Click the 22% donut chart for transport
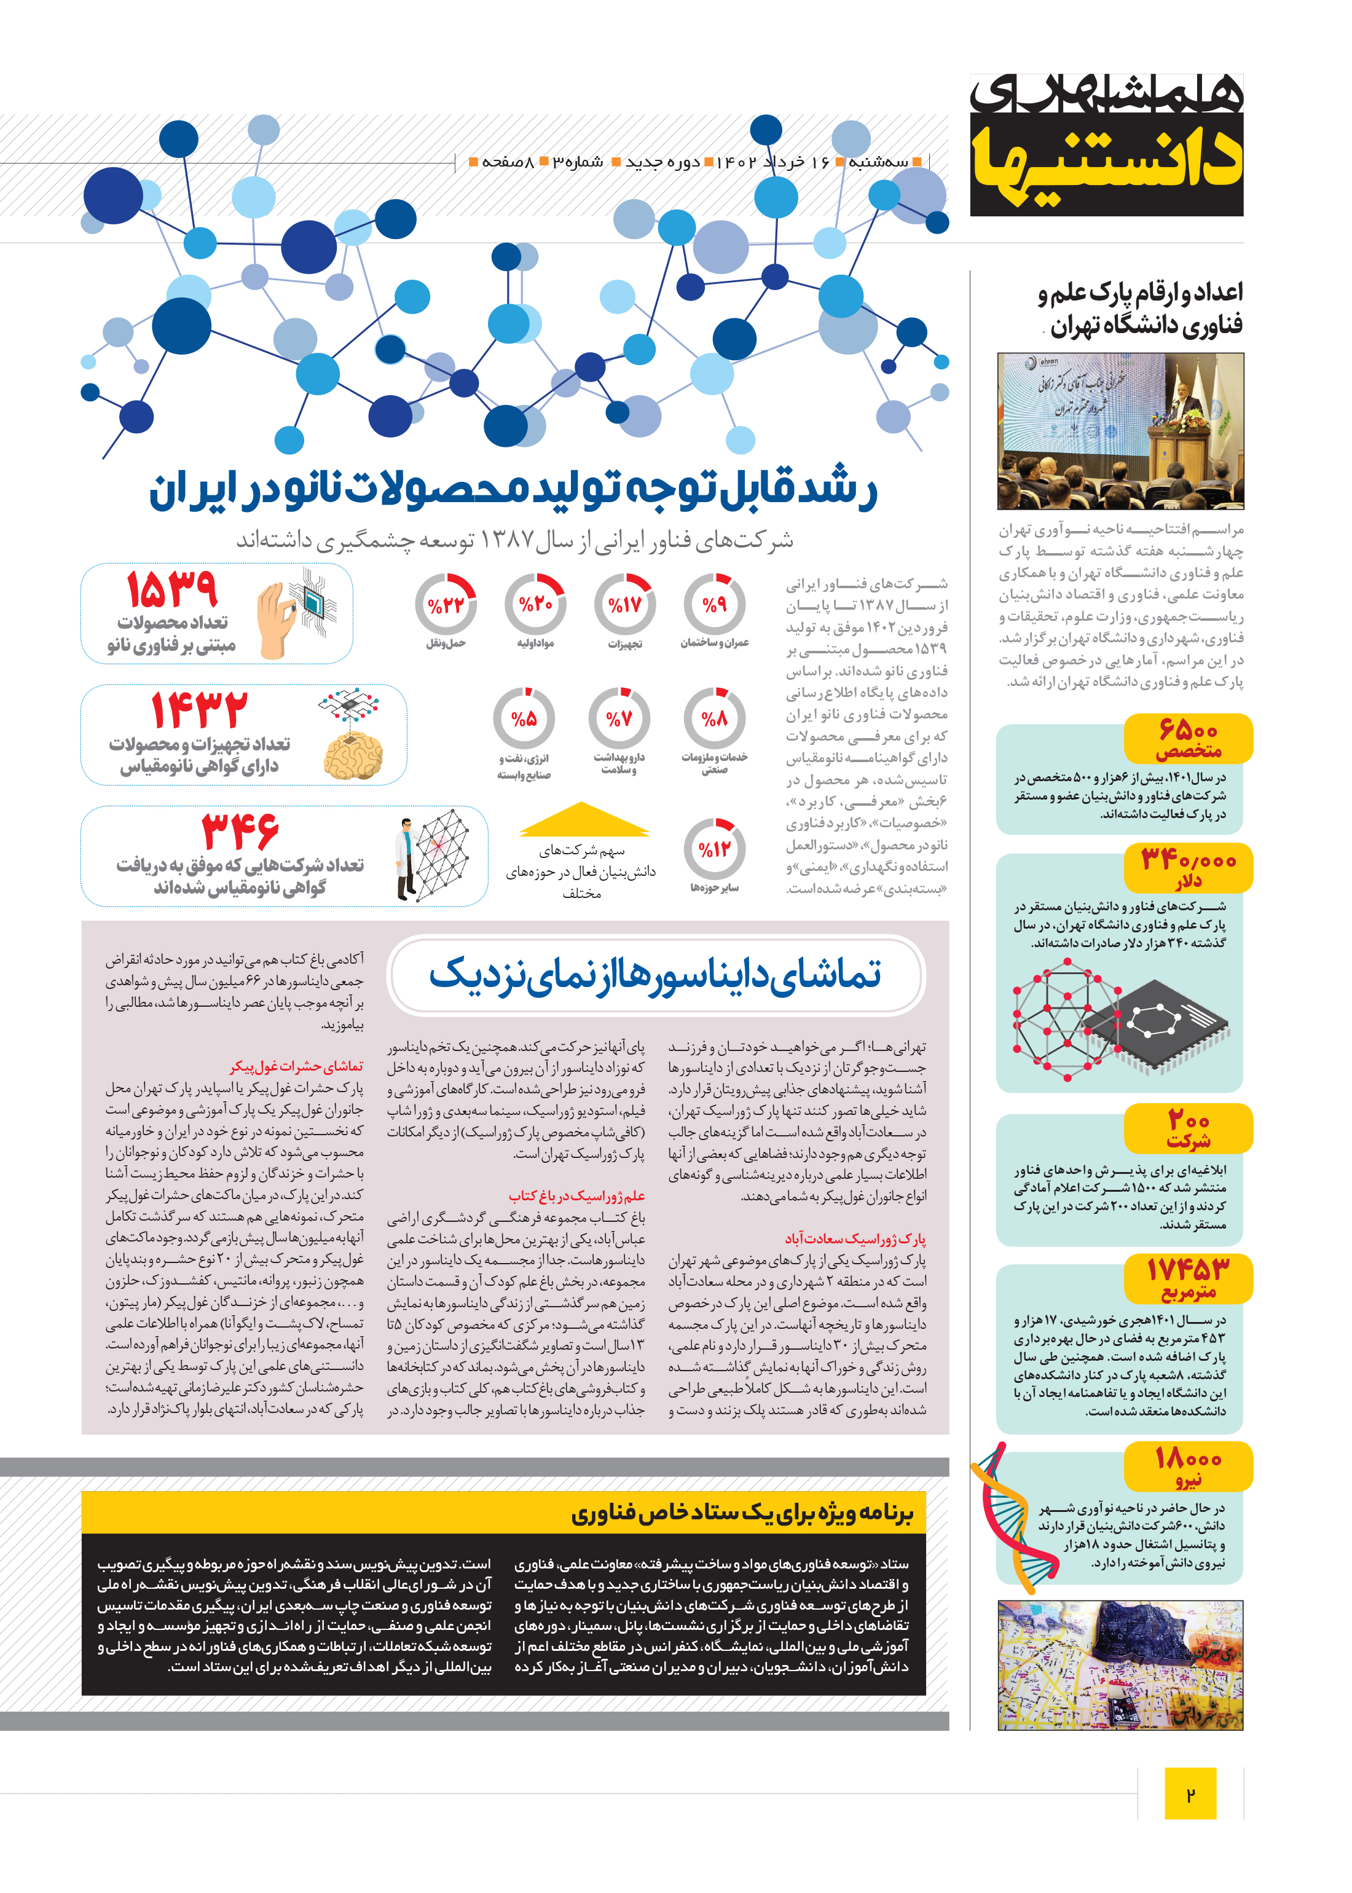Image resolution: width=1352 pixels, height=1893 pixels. point(446,605)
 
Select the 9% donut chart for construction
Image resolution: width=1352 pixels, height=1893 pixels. point(714,605)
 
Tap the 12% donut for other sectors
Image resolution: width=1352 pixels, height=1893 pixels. point(714,849)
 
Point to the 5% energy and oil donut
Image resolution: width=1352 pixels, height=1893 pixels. point(524,718)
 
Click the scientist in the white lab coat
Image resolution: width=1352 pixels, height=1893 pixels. point(407,860)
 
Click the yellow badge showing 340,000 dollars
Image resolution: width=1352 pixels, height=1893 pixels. point(1187,867)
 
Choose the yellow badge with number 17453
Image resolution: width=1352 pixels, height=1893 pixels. point(1187,1278)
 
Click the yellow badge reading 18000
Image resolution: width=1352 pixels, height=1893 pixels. point(1187,1466)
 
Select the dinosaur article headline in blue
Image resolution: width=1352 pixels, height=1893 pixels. point(655,974)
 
